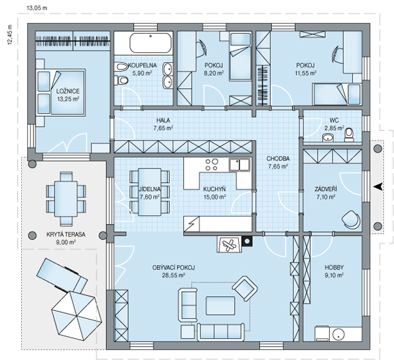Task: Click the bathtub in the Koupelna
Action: (151, 43)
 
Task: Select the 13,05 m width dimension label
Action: (36, 8)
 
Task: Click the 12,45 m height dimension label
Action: (10, 34)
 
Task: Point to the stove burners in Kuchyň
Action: (212, 164)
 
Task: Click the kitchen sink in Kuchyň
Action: (239, 164)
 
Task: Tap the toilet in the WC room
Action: (349, 135)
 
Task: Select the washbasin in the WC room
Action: (328, 138)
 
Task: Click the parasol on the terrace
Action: (77, 316)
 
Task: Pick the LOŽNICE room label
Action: (68, 91)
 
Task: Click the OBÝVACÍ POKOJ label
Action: (173, 268)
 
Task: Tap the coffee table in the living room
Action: (220, 306)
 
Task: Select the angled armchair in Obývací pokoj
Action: (245, 288)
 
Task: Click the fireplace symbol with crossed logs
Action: (230, 244)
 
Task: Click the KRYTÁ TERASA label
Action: (66, 235)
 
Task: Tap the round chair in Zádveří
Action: (350, 219)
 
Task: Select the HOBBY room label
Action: (334, 267)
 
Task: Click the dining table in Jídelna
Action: (149, 192)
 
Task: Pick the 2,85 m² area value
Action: (334, 128)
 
